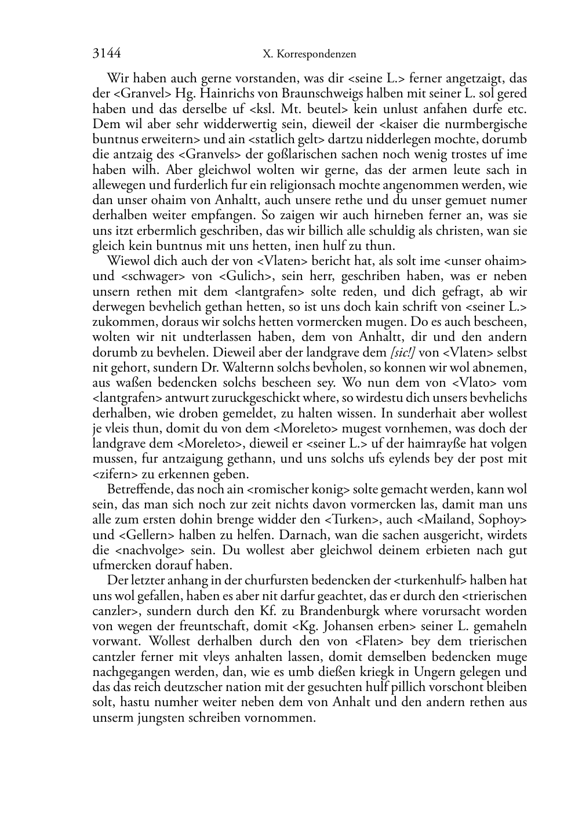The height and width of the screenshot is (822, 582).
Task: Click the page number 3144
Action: tap(107, 54)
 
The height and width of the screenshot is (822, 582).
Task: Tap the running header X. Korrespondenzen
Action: tap(309, 54)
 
